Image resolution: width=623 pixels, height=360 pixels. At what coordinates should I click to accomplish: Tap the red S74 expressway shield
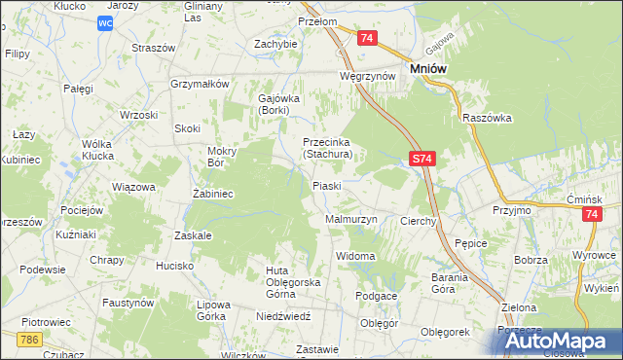420,158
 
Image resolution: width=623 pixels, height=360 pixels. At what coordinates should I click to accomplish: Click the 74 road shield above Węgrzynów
366,38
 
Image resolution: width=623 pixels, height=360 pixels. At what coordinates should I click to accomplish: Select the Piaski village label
326,185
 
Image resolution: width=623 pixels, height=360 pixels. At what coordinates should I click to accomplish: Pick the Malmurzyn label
350,220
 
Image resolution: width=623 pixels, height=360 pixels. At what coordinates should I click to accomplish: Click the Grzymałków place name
199,84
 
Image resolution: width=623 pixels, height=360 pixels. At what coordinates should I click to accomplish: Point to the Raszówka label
487,118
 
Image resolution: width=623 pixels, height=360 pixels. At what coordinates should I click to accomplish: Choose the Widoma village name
355,256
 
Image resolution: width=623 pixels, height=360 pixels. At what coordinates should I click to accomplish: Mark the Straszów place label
154,47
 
